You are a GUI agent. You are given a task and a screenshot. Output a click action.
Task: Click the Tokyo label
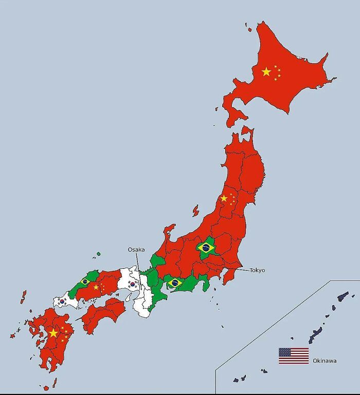click(x=257, y=270)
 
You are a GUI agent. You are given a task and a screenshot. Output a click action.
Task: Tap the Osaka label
click(x=136, y=250)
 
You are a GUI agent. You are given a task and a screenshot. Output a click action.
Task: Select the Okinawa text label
click(x=325, y=361)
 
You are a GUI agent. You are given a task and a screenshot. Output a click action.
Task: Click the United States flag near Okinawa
click(x=294, y=355)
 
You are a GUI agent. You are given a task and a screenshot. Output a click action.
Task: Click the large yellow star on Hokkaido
click(x=266, y=72)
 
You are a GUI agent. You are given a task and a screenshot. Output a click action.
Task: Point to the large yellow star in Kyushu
click(x=53, y=333)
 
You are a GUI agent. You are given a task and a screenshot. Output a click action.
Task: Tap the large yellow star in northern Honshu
click(x=224, y=198)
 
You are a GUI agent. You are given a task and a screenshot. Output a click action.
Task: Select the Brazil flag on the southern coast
click(x=175, y=283)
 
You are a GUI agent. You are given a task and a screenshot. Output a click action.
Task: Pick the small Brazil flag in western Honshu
click(x=85, y=281)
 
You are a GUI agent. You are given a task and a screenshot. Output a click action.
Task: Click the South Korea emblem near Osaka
click(x=133, y=284)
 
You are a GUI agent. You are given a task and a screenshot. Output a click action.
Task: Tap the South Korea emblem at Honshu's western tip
click(x=62, y=302)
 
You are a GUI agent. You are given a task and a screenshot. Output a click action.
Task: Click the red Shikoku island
click(x=103, y=316)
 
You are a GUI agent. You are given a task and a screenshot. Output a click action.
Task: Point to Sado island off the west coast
click(x=195, y=211)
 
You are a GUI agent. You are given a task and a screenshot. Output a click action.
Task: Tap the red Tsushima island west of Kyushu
click(x=23, y=296)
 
